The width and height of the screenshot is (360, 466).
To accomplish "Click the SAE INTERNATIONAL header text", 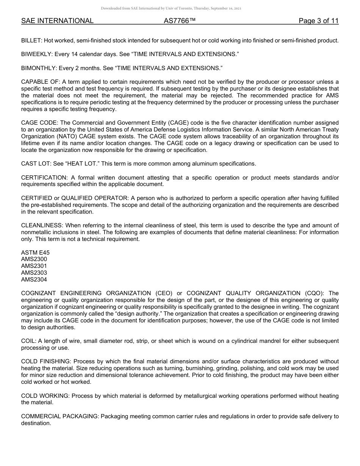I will pyautogui.click(x=57, y=21).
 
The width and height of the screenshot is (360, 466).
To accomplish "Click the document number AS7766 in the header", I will pyautogui.click(x=180, y=21).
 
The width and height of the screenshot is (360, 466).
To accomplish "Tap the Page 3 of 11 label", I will pyautogui.click(x=318, y=21).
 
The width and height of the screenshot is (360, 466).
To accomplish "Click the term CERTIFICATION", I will pyautogui.click(x=43, y=178).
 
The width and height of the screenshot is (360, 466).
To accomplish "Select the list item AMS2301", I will pyautogui.click(x=34, y=266).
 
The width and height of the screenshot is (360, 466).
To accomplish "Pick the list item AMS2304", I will pyautogui.click(x=34, y=280).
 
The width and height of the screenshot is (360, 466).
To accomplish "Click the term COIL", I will pyautogui.click(x=28, y=341).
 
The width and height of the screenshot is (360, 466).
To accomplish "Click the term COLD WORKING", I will pyautogui.click(x=45, y=396).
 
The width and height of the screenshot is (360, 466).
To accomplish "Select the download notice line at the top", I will pyautogui.click(x=171, y=8).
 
